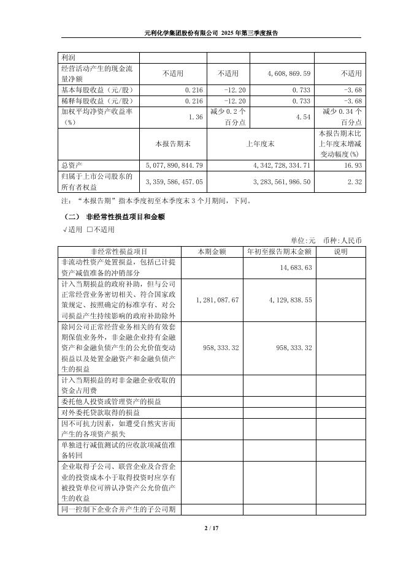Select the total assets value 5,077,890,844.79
(175, 165)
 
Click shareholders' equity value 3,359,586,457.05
(175, 182)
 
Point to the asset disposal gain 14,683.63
(296, 268)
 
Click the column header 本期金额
(212, 251)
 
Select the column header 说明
(340, 251)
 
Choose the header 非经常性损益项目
(119, 251)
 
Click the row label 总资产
(72, 165)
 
